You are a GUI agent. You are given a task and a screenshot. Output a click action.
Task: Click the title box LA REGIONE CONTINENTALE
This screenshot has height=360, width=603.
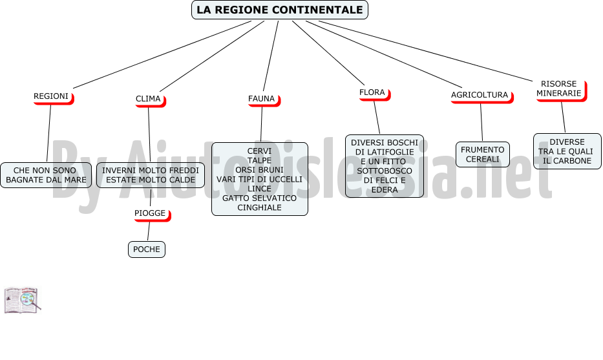[x=280, y=10]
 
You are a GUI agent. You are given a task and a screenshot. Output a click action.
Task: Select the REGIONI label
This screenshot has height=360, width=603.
[x=52, y=97]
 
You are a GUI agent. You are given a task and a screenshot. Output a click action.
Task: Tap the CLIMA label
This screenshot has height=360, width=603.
[x=149, y=100]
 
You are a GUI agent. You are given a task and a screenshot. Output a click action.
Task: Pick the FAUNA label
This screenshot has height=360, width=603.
[x=262, y=100]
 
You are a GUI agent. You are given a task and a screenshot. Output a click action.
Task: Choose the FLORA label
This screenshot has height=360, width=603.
[x=374, y=93]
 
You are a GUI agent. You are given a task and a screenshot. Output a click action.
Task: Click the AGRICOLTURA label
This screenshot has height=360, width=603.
[x=481, y=96]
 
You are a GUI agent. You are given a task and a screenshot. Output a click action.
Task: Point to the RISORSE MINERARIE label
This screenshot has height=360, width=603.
[x=560, y=89]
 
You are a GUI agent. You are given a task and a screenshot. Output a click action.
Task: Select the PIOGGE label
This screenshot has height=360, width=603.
[x=151, y=214]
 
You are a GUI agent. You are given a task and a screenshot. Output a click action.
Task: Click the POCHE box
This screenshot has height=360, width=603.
[x=147, y=249]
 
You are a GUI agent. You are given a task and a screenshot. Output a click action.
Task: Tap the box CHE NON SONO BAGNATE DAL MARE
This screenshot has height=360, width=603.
[x=46, y=175]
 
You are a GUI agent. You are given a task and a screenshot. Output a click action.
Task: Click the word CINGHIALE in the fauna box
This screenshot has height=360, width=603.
[x=260, y=207]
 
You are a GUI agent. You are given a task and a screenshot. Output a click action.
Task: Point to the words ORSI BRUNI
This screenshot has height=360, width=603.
[x=260, y=170]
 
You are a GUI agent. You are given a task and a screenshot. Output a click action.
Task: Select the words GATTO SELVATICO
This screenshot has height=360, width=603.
[x=260, y=198]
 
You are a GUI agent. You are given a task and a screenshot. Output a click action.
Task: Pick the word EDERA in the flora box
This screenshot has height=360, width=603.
[x=385, y=189]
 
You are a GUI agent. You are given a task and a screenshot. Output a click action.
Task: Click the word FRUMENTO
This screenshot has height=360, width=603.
[x=483, y=149]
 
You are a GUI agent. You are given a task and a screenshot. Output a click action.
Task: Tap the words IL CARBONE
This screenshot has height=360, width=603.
[x=567, y=161]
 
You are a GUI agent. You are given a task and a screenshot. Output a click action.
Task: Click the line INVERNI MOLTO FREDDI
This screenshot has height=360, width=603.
[x=151, y=171]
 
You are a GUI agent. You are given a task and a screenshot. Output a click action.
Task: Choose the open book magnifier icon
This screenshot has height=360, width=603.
[x=23, y=300]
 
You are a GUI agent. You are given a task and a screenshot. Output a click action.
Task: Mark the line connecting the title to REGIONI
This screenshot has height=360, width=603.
[x=162, y=55]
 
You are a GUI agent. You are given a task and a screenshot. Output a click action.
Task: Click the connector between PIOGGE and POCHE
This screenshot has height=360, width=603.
[x=149, y=231]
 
